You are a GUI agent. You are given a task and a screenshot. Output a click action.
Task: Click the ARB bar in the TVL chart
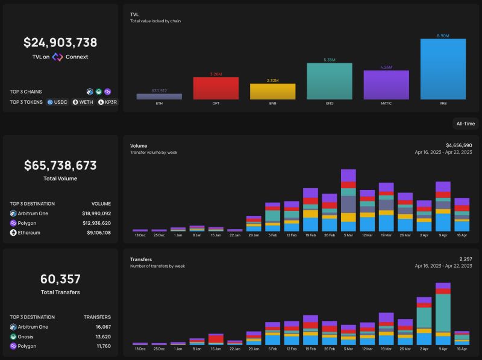443,69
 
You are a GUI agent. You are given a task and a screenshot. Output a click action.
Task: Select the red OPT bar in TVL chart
216,88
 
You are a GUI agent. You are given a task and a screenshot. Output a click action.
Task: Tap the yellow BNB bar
273,91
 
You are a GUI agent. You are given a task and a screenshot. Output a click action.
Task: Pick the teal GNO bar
330,81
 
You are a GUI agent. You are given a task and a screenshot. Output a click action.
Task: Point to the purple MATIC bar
386,84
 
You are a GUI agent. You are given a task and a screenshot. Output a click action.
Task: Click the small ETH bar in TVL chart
159,96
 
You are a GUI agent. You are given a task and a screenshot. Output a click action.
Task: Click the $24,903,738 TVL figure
60,42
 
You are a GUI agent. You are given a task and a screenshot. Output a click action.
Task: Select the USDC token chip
57,102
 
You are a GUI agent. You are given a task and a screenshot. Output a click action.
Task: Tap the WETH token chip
83,102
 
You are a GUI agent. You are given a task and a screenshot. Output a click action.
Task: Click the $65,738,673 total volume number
60,165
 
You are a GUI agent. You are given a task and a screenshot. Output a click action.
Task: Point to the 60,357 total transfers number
60,279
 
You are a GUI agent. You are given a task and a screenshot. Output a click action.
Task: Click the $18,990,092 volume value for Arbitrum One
96,213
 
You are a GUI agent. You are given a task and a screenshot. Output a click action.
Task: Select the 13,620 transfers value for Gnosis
99,336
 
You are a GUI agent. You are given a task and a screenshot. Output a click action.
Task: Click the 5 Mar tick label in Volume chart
348,236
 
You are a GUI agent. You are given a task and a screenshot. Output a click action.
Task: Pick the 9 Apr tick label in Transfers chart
443,349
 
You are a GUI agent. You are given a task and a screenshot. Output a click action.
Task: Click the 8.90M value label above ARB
443,36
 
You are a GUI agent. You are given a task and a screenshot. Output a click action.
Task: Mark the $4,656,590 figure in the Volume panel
459,145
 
